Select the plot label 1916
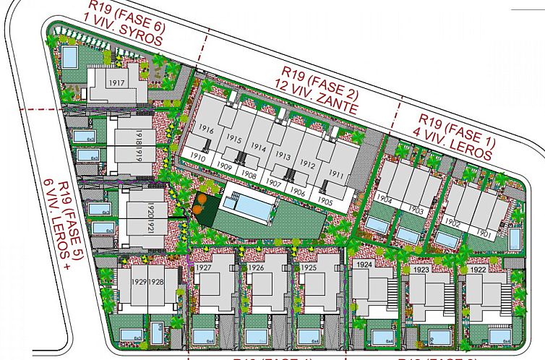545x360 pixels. point(206,130)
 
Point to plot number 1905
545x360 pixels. point(325,202)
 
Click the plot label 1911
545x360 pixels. point(335,174)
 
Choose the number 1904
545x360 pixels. point(385,200)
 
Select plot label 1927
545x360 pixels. point(203,268)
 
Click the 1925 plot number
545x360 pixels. point(308,268)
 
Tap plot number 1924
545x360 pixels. point(364,265)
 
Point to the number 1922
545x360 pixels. point(477,270)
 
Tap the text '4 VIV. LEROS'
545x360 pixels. point(452,144)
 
